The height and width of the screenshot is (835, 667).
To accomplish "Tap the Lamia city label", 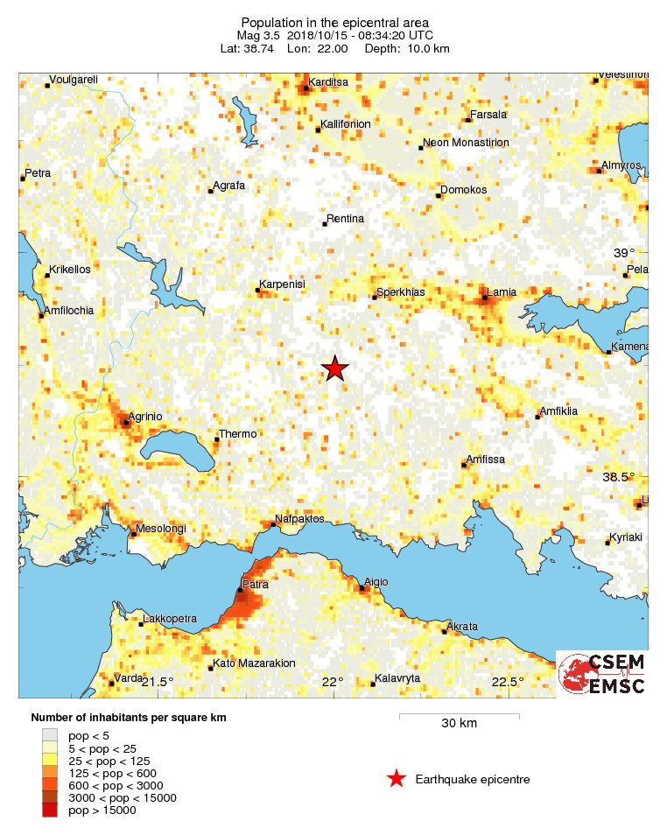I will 502,291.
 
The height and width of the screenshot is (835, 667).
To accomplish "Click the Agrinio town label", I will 145,416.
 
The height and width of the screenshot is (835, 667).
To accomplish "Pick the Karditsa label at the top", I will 327,82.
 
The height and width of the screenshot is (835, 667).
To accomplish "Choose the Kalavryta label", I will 397,677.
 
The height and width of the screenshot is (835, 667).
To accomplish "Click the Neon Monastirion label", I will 466,142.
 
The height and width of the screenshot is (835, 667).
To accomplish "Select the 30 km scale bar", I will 459,716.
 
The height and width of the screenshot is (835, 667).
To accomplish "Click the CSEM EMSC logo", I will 602,674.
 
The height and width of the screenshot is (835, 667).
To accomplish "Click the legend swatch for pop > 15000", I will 50,810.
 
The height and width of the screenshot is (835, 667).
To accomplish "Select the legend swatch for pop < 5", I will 50,736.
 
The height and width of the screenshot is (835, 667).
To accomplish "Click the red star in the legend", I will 397,778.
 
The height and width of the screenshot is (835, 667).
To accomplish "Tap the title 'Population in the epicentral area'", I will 335,22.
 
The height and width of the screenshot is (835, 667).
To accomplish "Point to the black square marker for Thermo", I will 217,440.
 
